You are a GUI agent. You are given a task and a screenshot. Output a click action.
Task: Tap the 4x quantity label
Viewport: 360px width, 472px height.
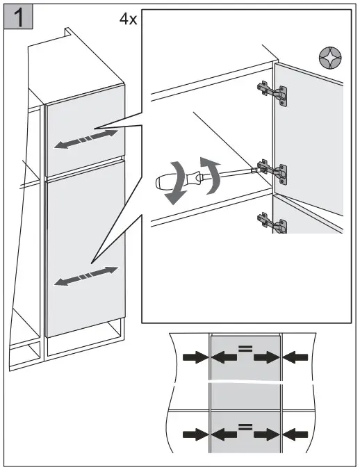click(128, 18)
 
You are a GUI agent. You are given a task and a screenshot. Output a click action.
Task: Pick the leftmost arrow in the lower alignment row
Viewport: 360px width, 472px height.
click(195, 434)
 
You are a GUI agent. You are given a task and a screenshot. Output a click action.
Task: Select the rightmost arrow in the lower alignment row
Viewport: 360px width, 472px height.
click(297, 434)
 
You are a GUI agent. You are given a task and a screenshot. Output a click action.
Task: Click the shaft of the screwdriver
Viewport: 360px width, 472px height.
click(240, 171)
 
